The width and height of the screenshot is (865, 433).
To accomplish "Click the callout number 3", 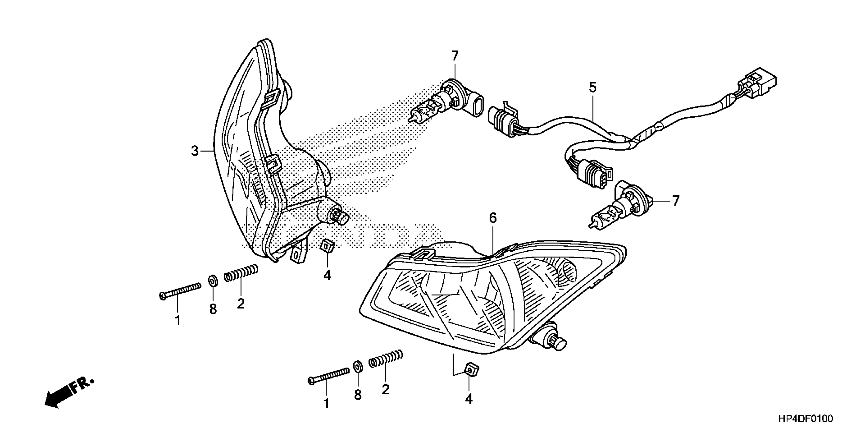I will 195,151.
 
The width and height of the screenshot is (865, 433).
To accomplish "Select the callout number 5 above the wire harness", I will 593,88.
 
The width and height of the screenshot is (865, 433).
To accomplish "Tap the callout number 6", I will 492,218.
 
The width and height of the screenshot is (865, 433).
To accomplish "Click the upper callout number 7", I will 455,56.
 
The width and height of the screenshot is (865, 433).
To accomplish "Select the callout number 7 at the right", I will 676,201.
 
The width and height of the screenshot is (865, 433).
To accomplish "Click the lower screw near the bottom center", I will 328,375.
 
